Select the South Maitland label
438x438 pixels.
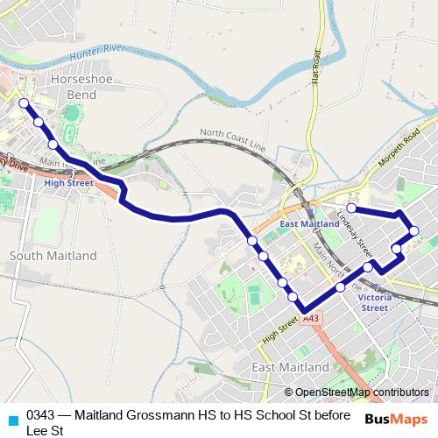53,256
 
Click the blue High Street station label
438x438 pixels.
67,183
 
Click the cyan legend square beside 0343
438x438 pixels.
12,420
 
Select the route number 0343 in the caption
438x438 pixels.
41,414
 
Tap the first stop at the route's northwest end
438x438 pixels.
24,103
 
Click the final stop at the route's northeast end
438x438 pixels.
351,208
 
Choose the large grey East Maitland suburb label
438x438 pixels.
289,366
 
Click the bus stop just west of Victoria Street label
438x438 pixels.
340,286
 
